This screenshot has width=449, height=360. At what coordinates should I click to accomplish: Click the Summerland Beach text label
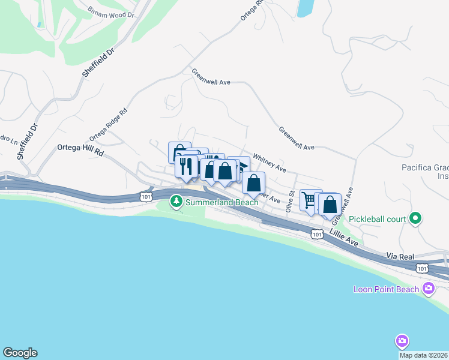221,202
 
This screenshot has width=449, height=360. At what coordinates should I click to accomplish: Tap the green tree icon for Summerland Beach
176,202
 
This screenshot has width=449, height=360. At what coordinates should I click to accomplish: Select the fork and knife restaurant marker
186,166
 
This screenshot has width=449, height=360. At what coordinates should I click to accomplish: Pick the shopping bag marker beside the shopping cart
330,205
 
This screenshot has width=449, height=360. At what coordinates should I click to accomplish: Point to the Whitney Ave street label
269,161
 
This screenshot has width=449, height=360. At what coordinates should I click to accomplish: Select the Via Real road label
400,256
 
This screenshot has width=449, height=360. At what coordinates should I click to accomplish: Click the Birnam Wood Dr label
110,13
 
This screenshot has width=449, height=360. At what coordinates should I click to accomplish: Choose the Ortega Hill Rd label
80,150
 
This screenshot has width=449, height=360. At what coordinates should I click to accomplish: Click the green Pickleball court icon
415,219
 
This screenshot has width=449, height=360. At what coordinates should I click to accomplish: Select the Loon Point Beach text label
384,290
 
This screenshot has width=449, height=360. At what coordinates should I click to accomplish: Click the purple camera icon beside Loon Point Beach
429,289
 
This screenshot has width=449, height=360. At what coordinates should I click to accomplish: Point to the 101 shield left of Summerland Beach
145,196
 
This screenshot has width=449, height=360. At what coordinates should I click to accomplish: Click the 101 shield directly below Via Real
423,268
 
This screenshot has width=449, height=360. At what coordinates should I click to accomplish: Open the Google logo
20,353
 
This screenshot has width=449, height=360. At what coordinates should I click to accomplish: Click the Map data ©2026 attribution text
424,355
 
